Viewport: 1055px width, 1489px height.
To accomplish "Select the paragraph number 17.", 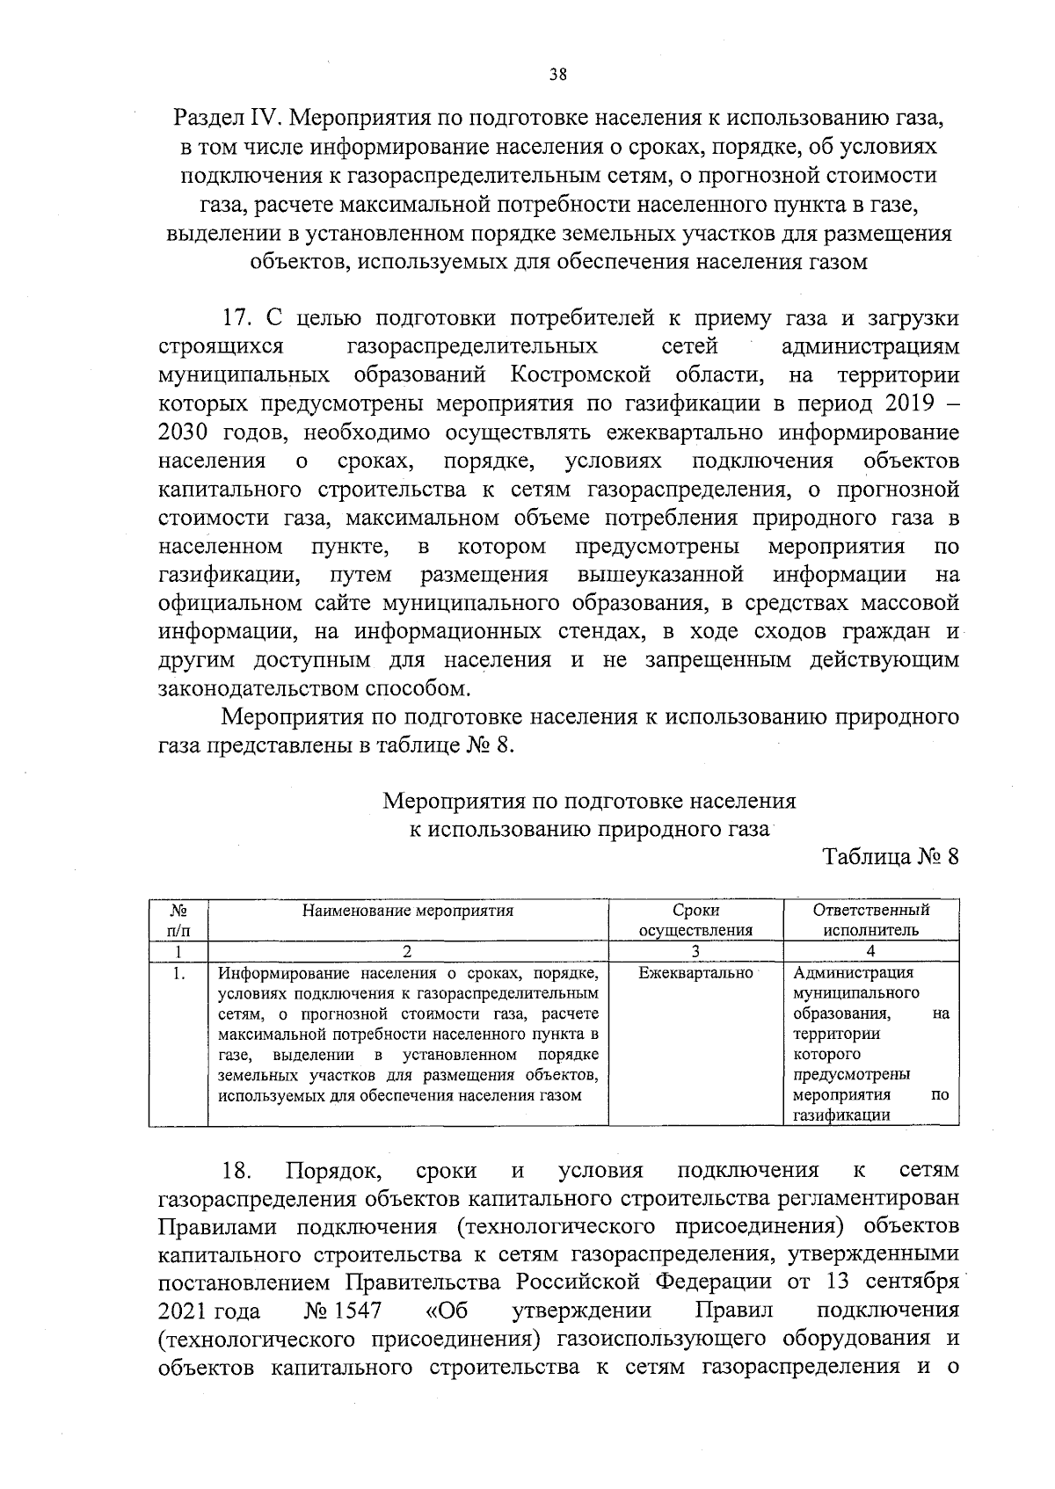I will tap(237, 317).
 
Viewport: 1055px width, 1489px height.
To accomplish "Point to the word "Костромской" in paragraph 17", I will tap(580, 375).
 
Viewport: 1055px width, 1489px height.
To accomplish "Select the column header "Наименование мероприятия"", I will tap(408, 911).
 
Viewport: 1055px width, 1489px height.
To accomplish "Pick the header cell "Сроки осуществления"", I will tap(695, 920).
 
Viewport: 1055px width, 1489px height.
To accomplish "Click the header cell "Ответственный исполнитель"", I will tap(870, 920).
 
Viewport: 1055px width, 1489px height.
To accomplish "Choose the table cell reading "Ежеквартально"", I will tap(695, 973).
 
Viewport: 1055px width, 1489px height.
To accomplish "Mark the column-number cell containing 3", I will tap(695, 950).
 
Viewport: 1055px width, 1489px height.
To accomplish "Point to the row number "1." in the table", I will tap(178, 973).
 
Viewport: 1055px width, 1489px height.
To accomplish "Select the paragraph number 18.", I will tap(237, 1171).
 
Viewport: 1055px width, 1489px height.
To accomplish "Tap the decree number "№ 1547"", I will tap(343, 1311).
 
